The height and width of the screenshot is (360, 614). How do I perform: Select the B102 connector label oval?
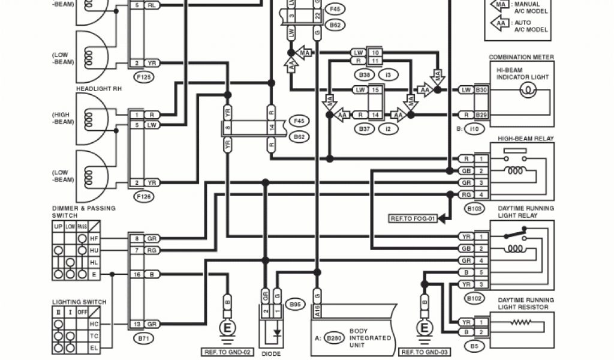click(x=473, y=297)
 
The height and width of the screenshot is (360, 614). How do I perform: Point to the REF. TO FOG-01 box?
click(x=413, y=219)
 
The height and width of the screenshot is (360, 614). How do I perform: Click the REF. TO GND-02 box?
click(x=226, y=352)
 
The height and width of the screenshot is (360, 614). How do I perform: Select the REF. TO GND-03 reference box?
click(x=425, y=352)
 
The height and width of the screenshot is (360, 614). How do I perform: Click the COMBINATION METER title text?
click(x=521, y=58)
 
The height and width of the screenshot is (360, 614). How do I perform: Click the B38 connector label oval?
click(x=364, y=75)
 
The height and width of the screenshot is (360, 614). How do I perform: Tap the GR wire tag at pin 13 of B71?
click(x=152, y=324)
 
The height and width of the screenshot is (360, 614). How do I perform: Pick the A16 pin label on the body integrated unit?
click(x=317, y=311)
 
